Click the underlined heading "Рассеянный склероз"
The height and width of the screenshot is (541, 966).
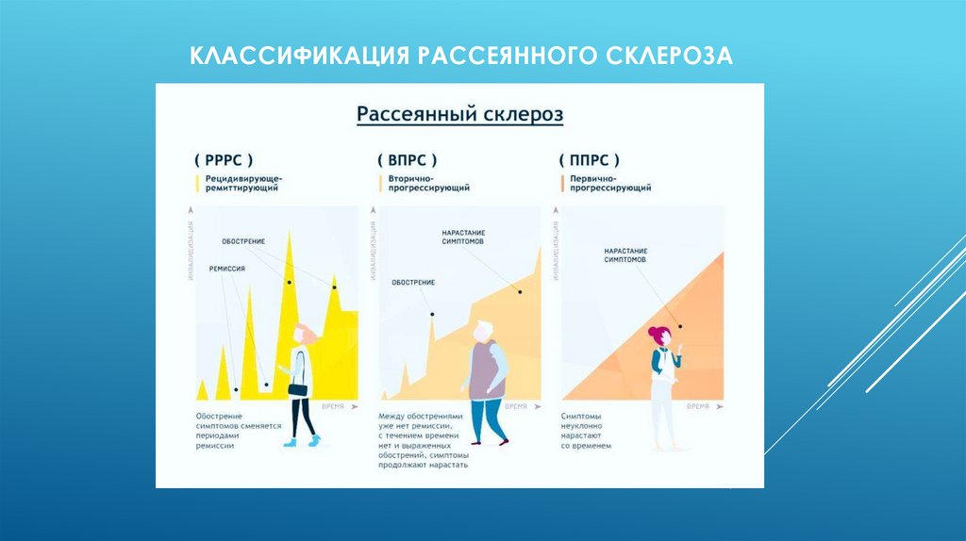459,115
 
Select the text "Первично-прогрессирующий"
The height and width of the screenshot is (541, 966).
609,183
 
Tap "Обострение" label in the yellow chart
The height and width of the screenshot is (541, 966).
243,241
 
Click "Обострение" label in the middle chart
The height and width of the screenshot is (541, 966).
413,282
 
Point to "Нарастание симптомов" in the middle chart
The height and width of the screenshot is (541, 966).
462,237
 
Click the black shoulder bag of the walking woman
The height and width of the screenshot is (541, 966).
298,388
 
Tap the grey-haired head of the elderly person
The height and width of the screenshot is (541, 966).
483,330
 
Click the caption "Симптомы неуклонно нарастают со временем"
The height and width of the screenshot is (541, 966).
587,430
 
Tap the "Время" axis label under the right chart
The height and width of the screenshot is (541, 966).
697,406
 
